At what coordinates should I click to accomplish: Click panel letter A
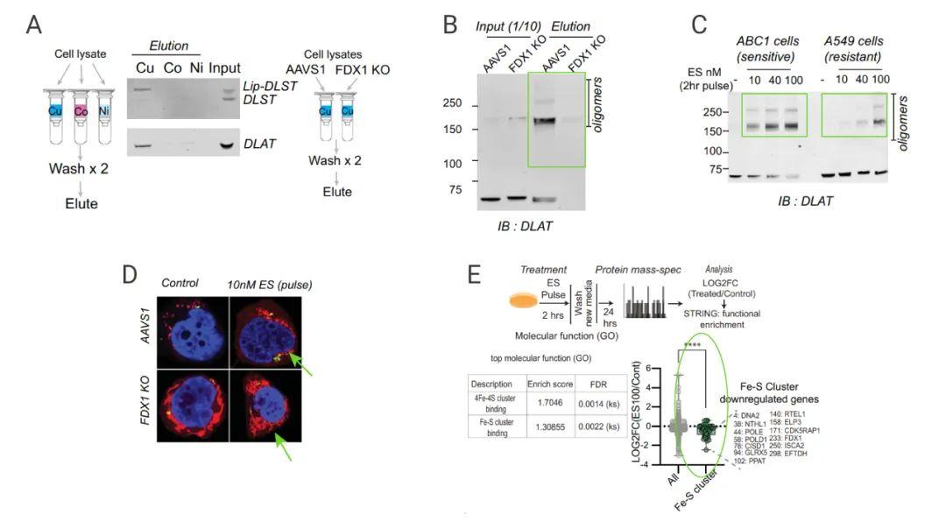coord(33,24)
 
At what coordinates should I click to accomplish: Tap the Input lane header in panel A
coord(225,68)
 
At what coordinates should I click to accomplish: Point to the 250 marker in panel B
coord(451,103)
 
